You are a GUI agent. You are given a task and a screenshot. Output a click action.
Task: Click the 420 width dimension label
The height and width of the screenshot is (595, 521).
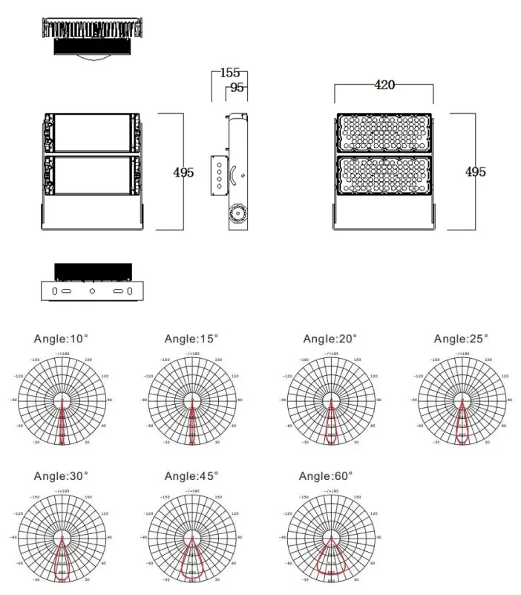tap(384, 85)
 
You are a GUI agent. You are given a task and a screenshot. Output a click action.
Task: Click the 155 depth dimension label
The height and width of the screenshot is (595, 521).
tap(230, 73)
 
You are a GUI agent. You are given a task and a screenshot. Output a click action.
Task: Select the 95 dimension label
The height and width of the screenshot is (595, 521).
tap(237, 88)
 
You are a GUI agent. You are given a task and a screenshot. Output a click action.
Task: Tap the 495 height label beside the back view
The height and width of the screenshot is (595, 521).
tap(183, 172)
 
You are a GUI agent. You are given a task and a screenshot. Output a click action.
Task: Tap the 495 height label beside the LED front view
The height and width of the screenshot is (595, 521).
tap(475, 172)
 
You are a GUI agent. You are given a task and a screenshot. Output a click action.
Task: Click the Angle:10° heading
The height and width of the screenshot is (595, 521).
tap(61, 339)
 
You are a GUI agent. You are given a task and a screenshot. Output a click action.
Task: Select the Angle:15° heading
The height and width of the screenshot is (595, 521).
tap(191, 339)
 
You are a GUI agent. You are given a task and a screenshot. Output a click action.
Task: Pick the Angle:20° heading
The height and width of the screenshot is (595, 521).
tap(330, 339)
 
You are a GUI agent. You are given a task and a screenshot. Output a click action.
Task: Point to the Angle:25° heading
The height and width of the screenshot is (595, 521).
tap(461, 339)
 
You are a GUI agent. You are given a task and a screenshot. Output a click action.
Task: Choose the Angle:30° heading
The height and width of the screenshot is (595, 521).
tap(61, 475)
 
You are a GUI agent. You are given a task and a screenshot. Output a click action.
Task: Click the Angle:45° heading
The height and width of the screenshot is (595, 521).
tap(191, 475)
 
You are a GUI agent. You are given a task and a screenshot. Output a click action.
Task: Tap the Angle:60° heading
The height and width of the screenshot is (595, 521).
tap(326, 475)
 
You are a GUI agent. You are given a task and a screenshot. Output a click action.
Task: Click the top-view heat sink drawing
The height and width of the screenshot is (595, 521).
tap(92, 36)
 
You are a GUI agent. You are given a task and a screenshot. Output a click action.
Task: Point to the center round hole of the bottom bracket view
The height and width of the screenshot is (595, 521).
tap(92, 291)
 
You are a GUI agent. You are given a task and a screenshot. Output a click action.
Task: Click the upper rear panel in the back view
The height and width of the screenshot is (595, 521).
tap(92, 132)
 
